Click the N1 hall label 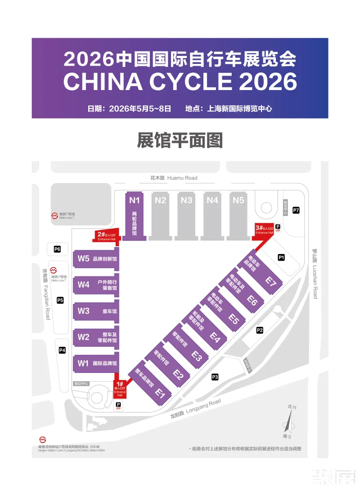click(x=135, y=200)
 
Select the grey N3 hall click(x=187, y=214)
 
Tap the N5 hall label click(x=238, y=200)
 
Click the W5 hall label click(x=84, y=258)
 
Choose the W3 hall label click(x=84, y=311)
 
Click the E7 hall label click(x=270, y=282)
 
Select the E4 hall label click(x=215, y=337)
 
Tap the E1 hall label click(x=161, y=393)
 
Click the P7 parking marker click(x=296, y=210)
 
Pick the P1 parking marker click(x=281, y=258)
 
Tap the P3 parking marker click(x=215, y=377)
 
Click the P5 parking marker click(x=60, y=300)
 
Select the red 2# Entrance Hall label click(x=106, y=235)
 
